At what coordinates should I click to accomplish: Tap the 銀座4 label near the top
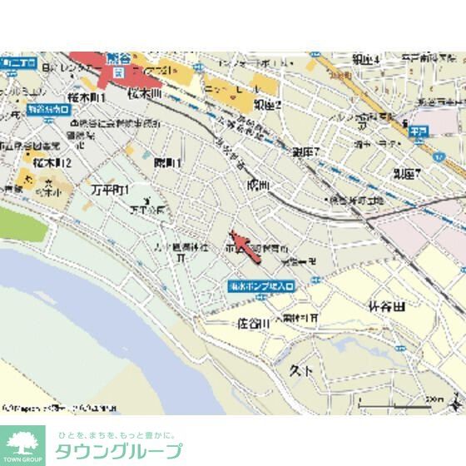366,59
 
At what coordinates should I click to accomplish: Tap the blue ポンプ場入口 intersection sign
260,285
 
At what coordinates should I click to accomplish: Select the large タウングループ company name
118,452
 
